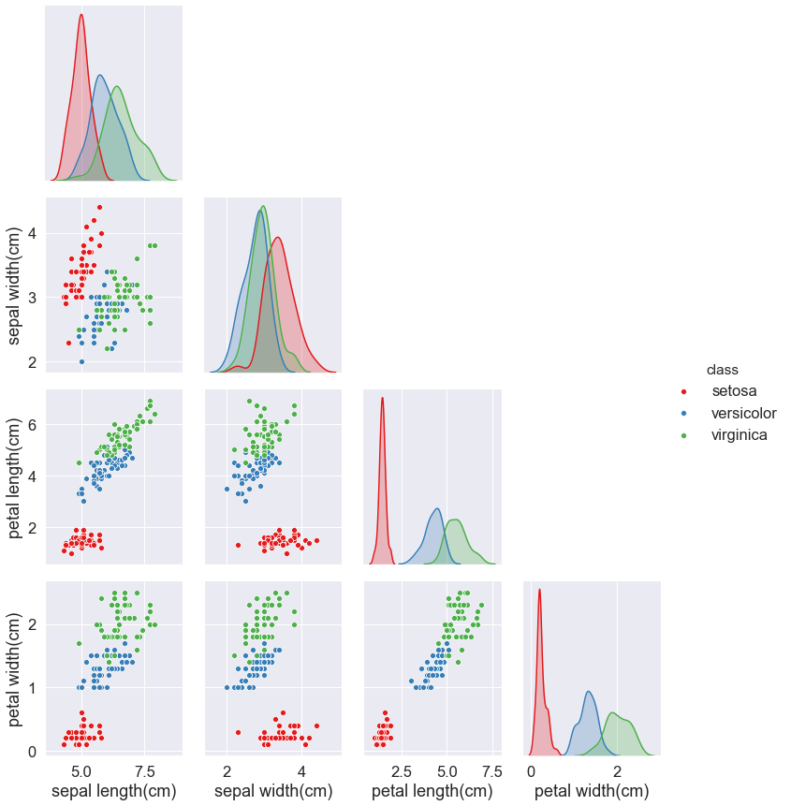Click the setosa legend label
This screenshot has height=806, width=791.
click(x=734, y=390)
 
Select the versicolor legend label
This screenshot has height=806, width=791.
click(x=743, y=413)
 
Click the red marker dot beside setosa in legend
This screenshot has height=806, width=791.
click(x=684, y=390)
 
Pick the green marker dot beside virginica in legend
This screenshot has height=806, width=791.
click(x=684, y=435)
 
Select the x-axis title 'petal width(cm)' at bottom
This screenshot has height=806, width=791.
click(x=592, y=791)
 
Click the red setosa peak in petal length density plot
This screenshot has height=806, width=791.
click(x=382, y=399)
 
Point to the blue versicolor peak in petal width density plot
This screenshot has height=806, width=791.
click(x=588, y=692)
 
